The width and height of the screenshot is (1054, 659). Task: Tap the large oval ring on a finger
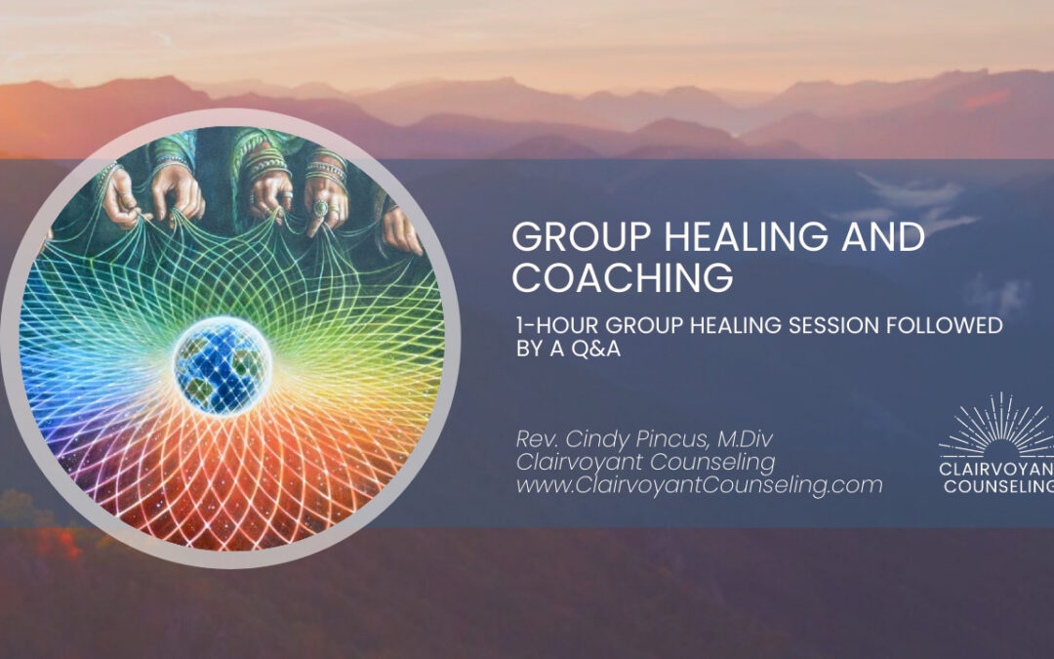point(321,207)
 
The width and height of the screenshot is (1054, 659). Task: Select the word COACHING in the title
point(623,277)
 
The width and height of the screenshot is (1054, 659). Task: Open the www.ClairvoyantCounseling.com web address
point(698,483)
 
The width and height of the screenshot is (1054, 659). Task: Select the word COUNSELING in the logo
point(999,486)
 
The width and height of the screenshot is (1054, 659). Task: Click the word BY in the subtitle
point(527,350)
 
